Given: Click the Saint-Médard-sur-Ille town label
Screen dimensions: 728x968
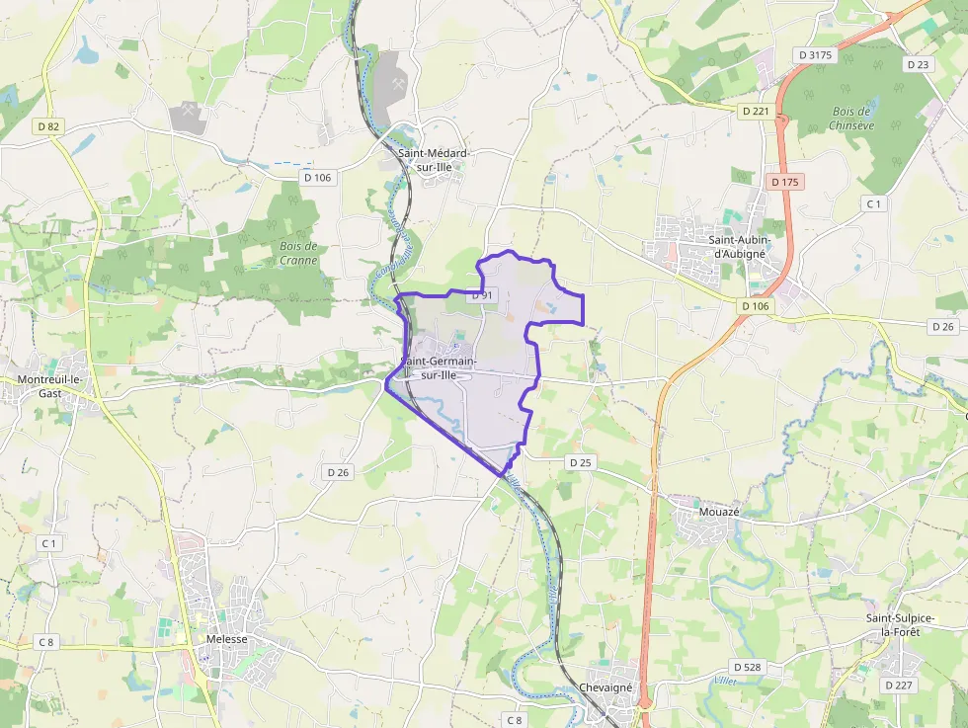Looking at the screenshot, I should [x=432, y=161].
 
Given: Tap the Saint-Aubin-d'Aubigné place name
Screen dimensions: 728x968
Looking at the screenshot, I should [x=740, y=246].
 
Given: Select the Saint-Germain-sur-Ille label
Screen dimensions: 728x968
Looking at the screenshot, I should [x=441, y=367].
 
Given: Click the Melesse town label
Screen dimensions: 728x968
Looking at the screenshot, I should [x=227, y=639].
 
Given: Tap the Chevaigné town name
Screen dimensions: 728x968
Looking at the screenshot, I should [x=605, y=688].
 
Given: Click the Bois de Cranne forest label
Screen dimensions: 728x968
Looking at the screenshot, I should [x=298, y=253].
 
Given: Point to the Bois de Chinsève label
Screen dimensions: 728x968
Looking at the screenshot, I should [x=850, y=118].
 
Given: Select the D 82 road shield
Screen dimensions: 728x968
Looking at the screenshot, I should [x=47, y=125].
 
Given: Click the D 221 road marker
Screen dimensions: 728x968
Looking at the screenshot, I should [x=755, y=111].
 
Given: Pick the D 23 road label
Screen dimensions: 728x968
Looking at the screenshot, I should [x=918, y=63].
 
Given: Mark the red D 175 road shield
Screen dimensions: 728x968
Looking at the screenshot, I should [x=785, y=182].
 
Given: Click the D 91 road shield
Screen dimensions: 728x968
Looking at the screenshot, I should [x=482, y=294].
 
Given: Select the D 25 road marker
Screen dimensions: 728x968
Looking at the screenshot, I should [x=580, y=462].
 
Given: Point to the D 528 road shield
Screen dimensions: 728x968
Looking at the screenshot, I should [x=748, y=667].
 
